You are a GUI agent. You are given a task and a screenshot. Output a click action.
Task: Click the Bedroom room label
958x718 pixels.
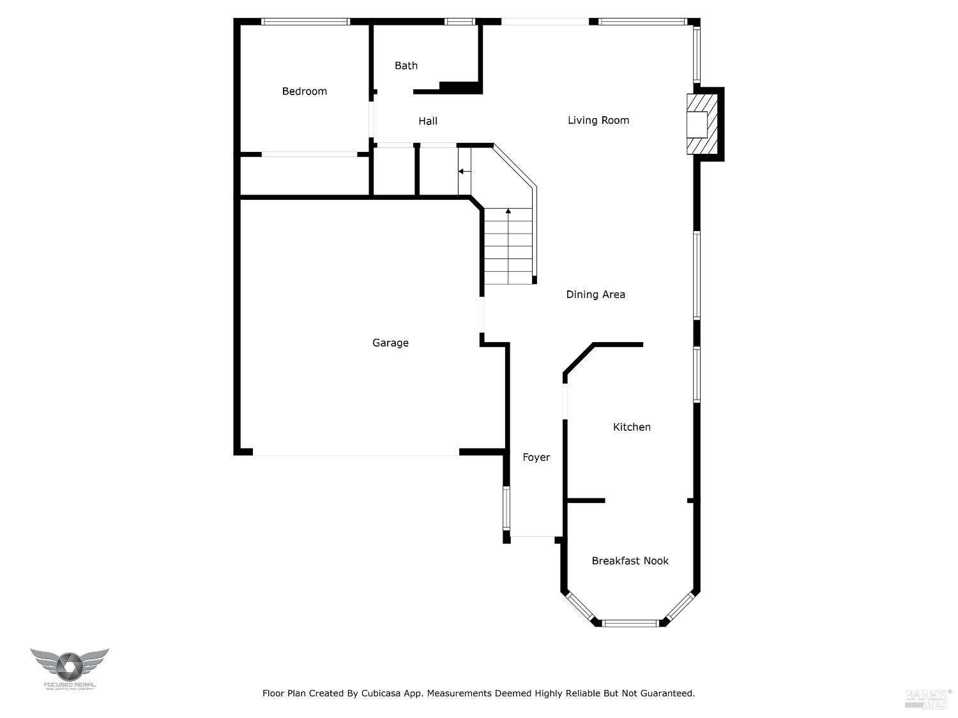304,91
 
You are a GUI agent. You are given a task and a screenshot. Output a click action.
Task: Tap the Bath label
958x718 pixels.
406,65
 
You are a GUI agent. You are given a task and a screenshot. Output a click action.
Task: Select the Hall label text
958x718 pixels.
428,121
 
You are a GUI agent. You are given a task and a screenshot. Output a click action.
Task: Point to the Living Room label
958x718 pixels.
598,120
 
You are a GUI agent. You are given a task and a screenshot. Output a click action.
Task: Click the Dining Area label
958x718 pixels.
595,294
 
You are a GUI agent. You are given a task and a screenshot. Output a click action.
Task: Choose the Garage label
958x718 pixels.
390,343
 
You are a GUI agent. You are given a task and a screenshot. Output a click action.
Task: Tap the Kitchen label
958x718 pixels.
632,427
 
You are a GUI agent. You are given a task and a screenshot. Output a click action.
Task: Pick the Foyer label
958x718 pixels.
536,457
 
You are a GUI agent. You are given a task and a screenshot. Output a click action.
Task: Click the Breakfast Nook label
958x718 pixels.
630,560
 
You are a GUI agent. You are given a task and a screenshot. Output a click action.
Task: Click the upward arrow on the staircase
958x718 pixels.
508,211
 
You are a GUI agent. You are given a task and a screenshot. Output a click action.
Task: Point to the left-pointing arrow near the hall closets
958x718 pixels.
462,171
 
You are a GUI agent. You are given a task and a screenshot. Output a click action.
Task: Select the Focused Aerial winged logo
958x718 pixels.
69,666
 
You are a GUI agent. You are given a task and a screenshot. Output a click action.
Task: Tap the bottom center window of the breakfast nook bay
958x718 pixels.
630,623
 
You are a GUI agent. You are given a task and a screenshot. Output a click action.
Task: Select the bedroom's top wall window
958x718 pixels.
305,22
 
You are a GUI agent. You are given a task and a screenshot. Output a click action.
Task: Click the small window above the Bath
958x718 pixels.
460,22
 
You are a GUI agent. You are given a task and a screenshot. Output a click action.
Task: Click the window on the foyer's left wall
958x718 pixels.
506,508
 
